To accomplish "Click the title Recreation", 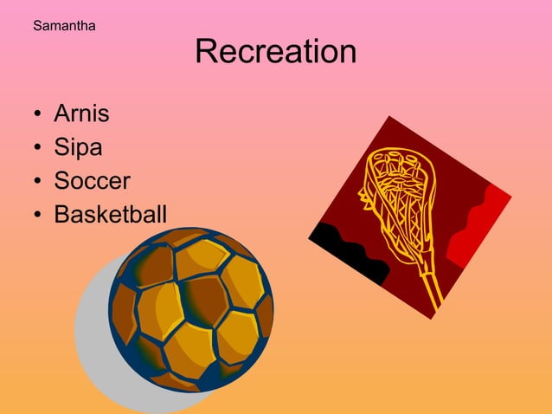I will pos(275,52).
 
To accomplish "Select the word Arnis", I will pos(81,113).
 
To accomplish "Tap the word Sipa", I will pos(78,147).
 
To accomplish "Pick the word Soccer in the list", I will pos(92,181).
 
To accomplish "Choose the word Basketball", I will pos(110,214).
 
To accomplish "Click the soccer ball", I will pos(191,308).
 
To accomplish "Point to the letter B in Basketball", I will pos(61,214).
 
